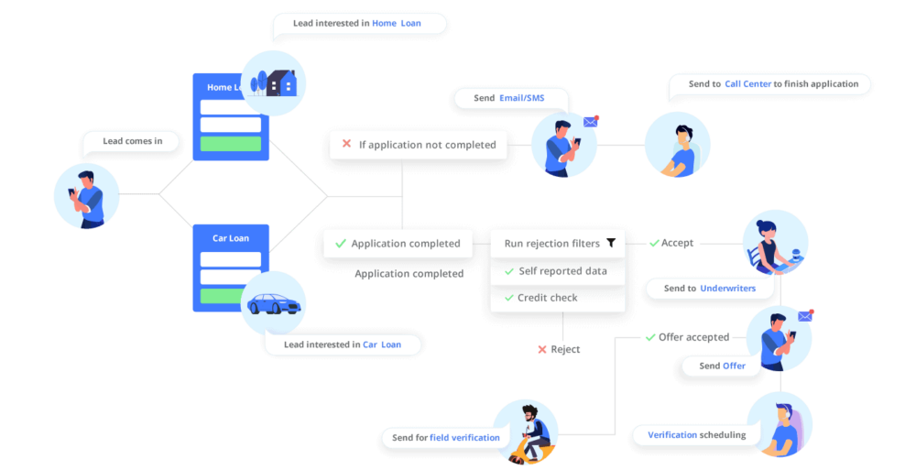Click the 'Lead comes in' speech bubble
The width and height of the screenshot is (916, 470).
(132, 142)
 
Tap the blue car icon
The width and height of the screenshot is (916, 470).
(273, 305)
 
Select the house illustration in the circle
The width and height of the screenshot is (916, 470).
(274, 82)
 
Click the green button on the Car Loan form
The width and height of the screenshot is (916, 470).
(230, 295)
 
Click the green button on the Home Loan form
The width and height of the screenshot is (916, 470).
(230, 144)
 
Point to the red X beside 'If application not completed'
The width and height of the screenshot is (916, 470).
(346, 144)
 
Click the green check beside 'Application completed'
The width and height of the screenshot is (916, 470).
(340, 244)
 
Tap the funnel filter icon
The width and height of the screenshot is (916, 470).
(611, 244)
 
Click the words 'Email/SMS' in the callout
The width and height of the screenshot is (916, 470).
(522, 98)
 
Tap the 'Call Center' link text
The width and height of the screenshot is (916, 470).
(747, 84)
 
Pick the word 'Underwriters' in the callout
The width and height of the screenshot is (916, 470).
(727, 289)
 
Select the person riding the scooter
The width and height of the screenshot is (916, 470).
(532, 431)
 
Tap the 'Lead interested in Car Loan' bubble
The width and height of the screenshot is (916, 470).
(343, 344)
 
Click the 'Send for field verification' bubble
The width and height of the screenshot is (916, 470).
(445, 437)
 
